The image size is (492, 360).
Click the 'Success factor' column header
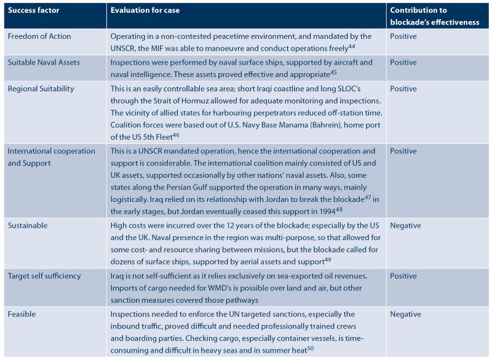[x=34, y=10]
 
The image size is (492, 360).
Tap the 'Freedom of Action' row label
[x=39, y=36]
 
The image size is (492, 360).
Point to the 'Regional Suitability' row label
[x=41, y=89]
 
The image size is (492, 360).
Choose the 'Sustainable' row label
[x=28, y=225]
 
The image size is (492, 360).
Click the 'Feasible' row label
[x=22, y=314]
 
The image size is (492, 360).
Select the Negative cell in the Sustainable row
[x=407, y=225]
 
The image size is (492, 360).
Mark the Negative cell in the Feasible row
[x=407, y=314]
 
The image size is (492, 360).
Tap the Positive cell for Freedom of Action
[x=403, y=36]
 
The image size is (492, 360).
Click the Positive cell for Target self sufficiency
[x=403, y=276]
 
